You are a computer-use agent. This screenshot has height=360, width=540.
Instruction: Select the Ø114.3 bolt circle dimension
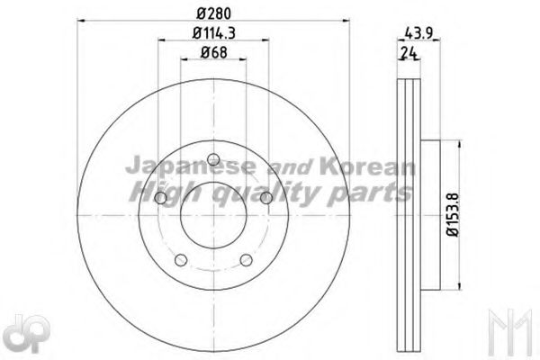pos(213,34)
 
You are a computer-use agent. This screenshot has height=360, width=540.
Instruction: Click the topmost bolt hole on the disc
pos(213,160)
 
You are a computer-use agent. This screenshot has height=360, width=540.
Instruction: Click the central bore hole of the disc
pos(213,216)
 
